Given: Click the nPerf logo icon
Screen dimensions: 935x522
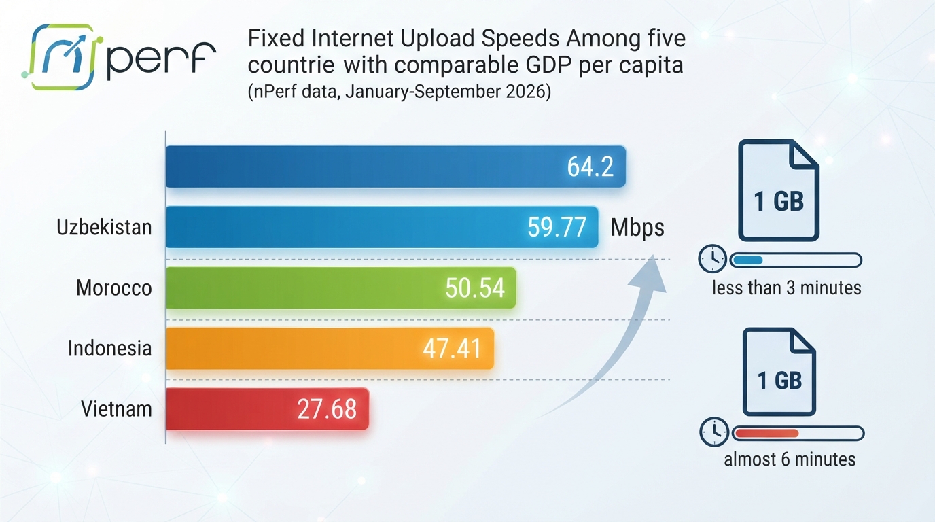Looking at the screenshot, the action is coord(62,57).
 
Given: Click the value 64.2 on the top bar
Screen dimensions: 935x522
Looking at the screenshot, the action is coord(590,167).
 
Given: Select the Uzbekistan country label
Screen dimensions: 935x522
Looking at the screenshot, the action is coord(104,228).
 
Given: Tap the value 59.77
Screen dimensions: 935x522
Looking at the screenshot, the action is coord(557,227).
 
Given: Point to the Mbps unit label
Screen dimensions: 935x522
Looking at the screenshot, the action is coord(637,228).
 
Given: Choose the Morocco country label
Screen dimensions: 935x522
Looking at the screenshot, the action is coord(114,288).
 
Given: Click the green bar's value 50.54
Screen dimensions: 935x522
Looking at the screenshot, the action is coord(475,288).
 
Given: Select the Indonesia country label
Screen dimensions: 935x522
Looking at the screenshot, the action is coord(110,348).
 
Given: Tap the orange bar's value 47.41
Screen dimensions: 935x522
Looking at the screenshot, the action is coord(453,348).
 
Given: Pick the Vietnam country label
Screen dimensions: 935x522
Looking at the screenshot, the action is coord(116,408).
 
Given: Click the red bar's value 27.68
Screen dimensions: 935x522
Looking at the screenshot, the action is coord(327,408).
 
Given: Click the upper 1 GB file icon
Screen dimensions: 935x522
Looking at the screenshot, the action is coord(779,190).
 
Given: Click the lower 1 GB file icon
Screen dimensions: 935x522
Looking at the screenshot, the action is coord(779,372).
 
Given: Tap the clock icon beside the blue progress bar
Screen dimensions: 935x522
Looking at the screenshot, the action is coord(713,259).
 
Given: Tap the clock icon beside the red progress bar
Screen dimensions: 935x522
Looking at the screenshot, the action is coord(714,432).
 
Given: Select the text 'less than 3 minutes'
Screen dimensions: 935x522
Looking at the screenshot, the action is coord(787,288).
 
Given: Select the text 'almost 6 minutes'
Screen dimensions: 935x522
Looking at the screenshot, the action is coord(790,459).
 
